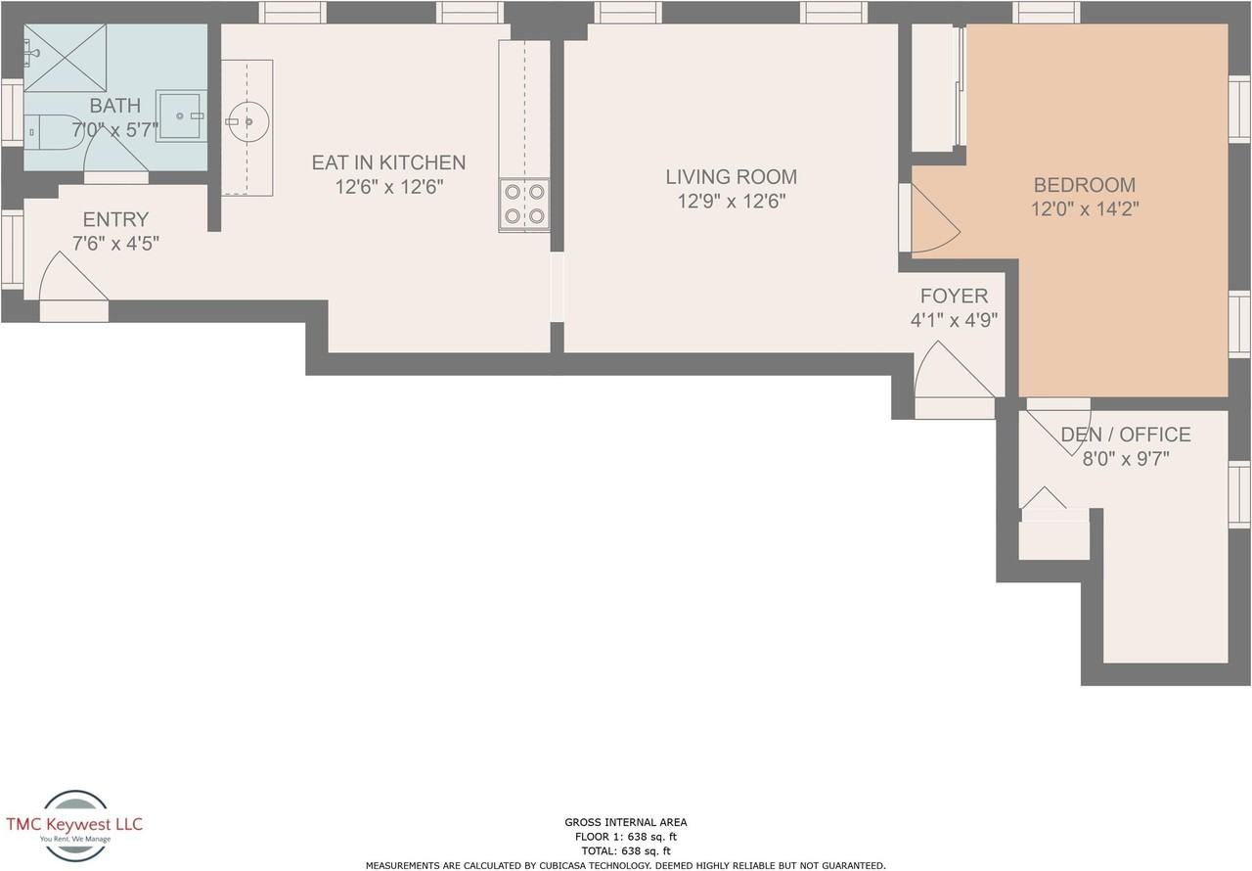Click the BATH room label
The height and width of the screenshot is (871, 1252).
click(x=114, y=106)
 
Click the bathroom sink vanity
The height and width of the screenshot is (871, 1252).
click(x=181, y=115)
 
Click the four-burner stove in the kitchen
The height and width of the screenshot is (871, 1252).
click(x=524, y=205)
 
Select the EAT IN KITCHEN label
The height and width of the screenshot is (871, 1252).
click(x=388, y=162)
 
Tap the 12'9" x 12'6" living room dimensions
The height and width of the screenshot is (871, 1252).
click(x=731, y=202)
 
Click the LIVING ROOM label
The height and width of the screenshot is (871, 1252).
click(x=731, y=177)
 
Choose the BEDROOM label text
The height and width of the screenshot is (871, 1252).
click(x=1084, y=184)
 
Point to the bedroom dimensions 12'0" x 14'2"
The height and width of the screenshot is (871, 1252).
click(x=1084, y=208)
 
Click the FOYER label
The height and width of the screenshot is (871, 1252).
click(x=954, y=296)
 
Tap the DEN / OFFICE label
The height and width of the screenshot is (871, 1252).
click(x=1125, y=435)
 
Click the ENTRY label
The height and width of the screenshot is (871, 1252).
click(x=115, y=219)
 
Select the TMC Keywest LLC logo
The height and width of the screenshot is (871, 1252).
click(x=74, y=826)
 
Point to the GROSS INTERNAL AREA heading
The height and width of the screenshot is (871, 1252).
click(x=625, y=822)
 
